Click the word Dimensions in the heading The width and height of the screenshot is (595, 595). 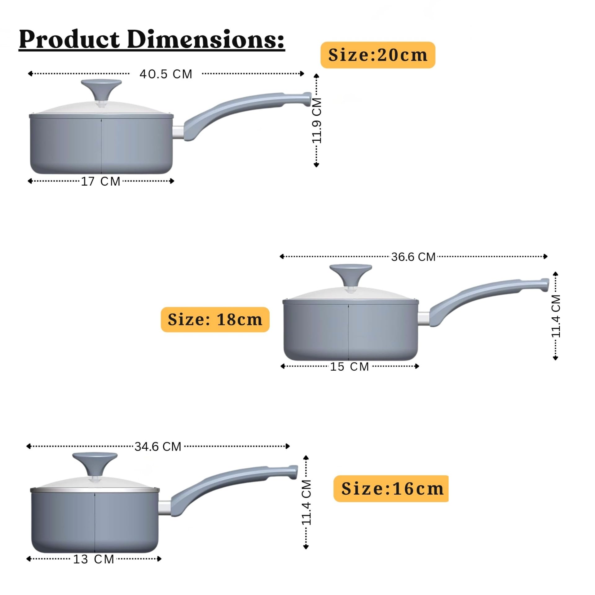point(206,39)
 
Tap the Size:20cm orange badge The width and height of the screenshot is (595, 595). point(378,55)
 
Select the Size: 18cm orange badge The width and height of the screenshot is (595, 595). point(215,320)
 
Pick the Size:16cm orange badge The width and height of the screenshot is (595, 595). point(391,488)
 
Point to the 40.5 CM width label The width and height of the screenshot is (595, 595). point(166,74)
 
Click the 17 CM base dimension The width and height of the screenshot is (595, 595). point(101,181)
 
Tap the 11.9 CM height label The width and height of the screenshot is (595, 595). point(317,121)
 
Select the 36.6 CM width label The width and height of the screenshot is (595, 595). point(413,257)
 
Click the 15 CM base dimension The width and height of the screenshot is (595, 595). point(350,367)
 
